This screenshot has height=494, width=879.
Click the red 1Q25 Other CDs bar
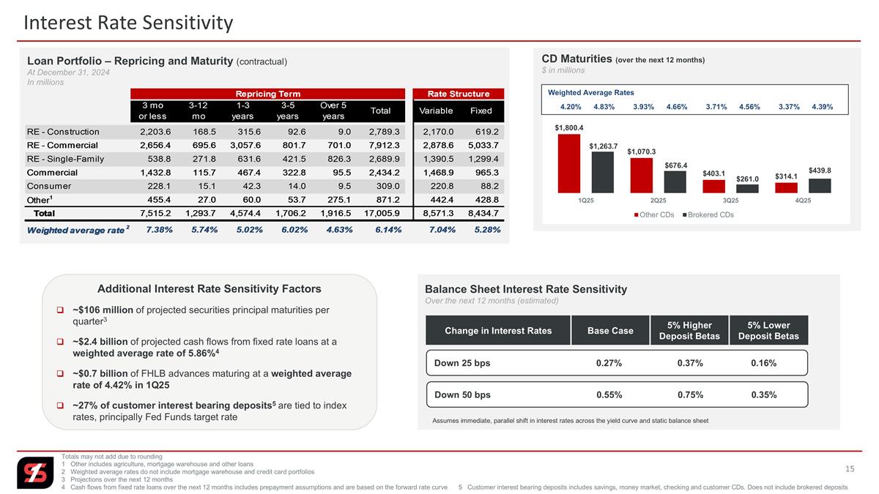pos(568,163)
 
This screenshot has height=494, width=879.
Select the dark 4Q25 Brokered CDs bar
pos(820,186)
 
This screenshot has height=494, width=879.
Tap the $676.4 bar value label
pos(675,165)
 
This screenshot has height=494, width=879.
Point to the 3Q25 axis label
pos(731,201)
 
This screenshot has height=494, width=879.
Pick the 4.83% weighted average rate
pos(604,107)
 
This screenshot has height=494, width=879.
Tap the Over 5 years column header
pos(333,111)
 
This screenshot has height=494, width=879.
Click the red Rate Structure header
pos(459,94)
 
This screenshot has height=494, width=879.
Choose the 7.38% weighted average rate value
pos(160,230)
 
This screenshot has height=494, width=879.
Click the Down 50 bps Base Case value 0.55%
pos(609,394)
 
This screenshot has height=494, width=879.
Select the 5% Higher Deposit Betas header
pos(689,331)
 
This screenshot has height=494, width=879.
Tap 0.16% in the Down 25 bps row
pos(763,363)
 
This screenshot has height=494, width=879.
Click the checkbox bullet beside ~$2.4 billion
pos(60,342)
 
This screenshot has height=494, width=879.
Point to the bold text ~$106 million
pos(103,310)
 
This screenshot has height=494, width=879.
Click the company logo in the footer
pos(35,473)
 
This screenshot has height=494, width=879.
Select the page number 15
pos(850,469)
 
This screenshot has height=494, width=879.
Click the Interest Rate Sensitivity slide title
pos(128,23)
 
